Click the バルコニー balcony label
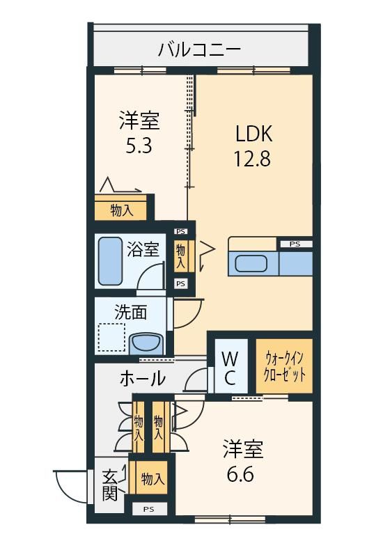point(199,49)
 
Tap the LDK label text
point(254,133)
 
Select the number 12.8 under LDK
point(252,159)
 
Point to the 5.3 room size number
point(139,146)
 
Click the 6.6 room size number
point(240,474)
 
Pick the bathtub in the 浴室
point(110,260)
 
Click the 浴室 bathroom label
point(143,249)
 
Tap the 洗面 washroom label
point(130,312)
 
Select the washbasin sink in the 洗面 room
point(146,343)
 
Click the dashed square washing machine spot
point(111,338)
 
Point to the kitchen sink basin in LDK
point(251,263)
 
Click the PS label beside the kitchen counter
point(295,244)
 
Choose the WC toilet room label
point(230,368)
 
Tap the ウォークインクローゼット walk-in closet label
point(285,366)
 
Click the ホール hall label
point(143,378)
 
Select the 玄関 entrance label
point(110,485)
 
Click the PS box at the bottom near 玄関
point(149,509)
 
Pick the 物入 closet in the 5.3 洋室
point(120,211)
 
